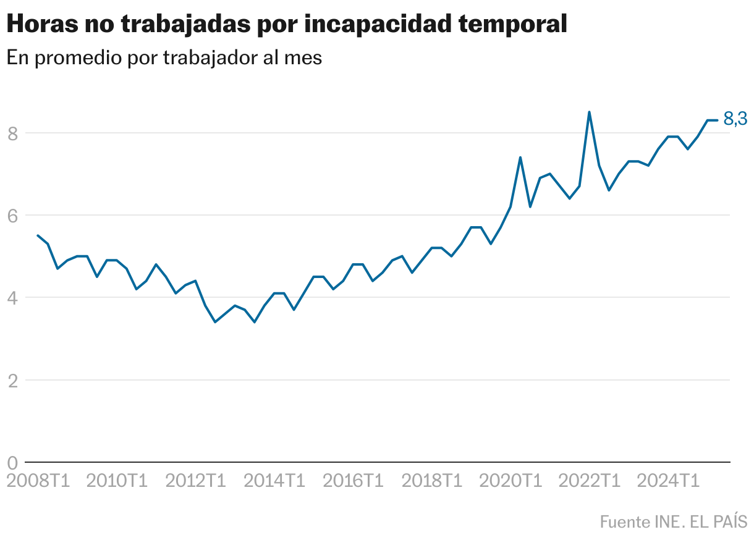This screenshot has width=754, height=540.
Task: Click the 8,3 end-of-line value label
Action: point(735,119)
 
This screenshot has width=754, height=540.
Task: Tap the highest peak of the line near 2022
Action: point(589,112)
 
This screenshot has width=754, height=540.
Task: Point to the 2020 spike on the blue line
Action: point(520,158)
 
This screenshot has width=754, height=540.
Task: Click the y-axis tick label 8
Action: point(12,133)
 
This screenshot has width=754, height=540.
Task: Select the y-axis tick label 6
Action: point(12,216)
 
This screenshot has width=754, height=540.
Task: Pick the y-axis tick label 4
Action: point(12,298)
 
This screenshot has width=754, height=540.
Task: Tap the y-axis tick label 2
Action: point(12,381)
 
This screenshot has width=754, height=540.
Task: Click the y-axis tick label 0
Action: point(12,463)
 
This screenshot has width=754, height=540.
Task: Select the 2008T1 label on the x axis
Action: point(38,480)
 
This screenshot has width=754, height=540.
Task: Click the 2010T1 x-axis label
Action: point(117,480)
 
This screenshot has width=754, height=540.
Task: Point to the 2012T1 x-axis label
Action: point(196,480)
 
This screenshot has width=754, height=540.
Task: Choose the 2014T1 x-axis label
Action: point(274,480)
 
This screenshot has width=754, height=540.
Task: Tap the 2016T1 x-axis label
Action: point(354,480)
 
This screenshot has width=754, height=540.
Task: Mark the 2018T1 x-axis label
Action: point(432,480)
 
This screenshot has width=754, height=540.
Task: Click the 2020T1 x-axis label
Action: point(511,480)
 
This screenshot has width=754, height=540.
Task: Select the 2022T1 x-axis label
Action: point(590,480)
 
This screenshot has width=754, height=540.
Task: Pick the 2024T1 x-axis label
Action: point(669,480)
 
